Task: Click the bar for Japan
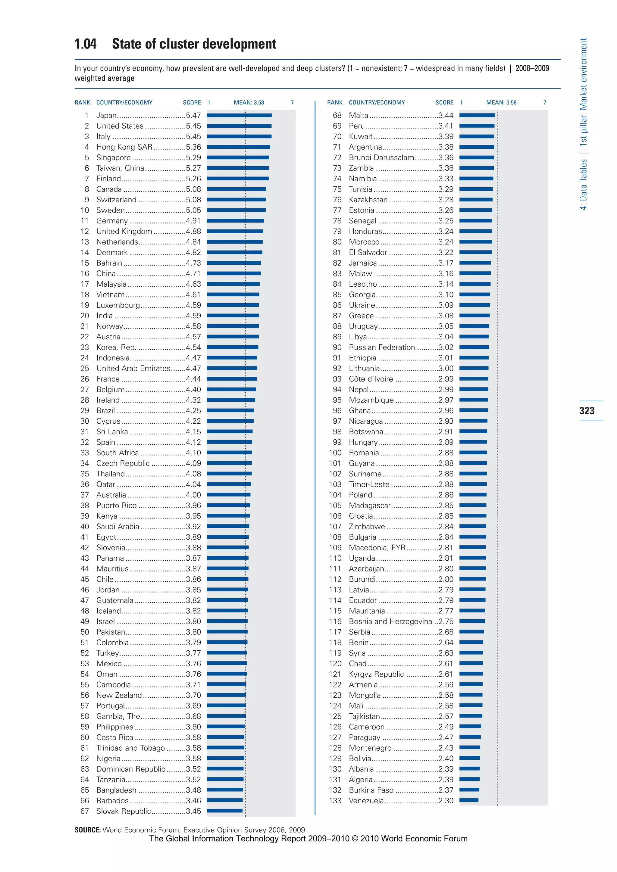pos(239,115)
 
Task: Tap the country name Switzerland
pos(116,200)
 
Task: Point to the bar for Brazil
pos(230,410)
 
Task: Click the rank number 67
pos(84,811)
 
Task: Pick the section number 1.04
pos(86,44)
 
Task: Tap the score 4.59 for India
pos(193,316)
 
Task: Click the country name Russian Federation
pos(382,347)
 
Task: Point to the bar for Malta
pos(477,115)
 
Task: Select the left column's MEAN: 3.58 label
pos(249,103)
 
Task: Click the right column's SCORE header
pos(444,103)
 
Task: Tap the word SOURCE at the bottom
pos(87,830)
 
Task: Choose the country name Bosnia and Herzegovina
pos(390,621)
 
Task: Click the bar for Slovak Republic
pos(224,811)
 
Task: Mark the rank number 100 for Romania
pos(335,453)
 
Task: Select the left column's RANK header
pos(82,103)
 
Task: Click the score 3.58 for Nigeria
pos(193,758)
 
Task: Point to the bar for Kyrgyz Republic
pos(471,674)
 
